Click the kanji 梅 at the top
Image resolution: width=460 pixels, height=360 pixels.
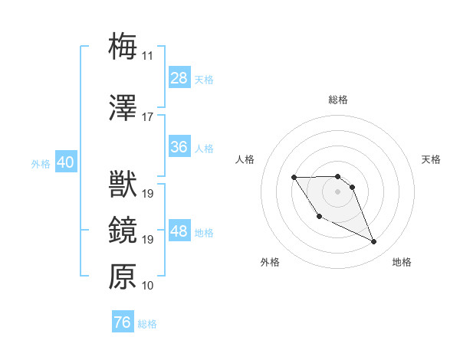pos(123,45)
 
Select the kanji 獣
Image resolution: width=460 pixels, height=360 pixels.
pos(123,185)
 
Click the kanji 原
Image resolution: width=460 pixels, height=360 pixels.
pos(123,277)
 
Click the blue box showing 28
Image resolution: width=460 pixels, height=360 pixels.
pos(179,78)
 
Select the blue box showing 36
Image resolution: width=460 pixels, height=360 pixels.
pos(179,147)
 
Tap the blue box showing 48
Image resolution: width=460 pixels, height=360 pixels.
pos(179,231)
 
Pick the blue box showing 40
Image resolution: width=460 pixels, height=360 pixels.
pos(65,162)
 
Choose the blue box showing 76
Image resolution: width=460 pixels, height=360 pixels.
pos(123,322)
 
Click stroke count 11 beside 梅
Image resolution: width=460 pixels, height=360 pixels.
pos(147,55)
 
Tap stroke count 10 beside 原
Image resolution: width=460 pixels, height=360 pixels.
pos(147,286)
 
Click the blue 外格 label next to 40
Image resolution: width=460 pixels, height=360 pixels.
pos(40,163)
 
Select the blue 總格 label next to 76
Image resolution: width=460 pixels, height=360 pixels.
pos(147,324)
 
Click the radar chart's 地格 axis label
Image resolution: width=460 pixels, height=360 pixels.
pos(402,262)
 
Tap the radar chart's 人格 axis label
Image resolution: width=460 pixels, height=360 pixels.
pos(245,159)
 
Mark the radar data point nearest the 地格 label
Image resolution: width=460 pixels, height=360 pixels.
pos(374,242)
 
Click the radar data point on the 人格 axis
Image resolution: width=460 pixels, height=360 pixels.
pos(294,178)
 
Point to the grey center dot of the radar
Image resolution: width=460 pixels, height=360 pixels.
pos(337,190)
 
